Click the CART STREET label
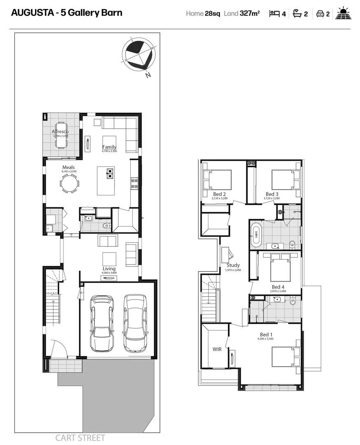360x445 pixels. coord(80,438)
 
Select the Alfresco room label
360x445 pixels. coord(63,131)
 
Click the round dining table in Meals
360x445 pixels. coord(69,183)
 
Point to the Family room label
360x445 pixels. coord(109,147)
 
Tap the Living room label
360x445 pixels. coord(109,269)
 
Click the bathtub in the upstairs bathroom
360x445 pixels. coord(256,235)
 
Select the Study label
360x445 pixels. coord(233,265)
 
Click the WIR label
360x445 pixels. coord(217,349)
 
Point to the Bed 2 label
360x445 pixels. coord(219,194)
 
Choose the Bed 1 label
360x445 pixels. coord(265,335)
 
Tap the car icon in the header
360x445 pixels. coord(320,14)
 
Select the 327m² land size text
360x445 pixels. coord(250,14)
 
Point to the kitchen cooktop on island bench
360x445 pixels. coord(110,173)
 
